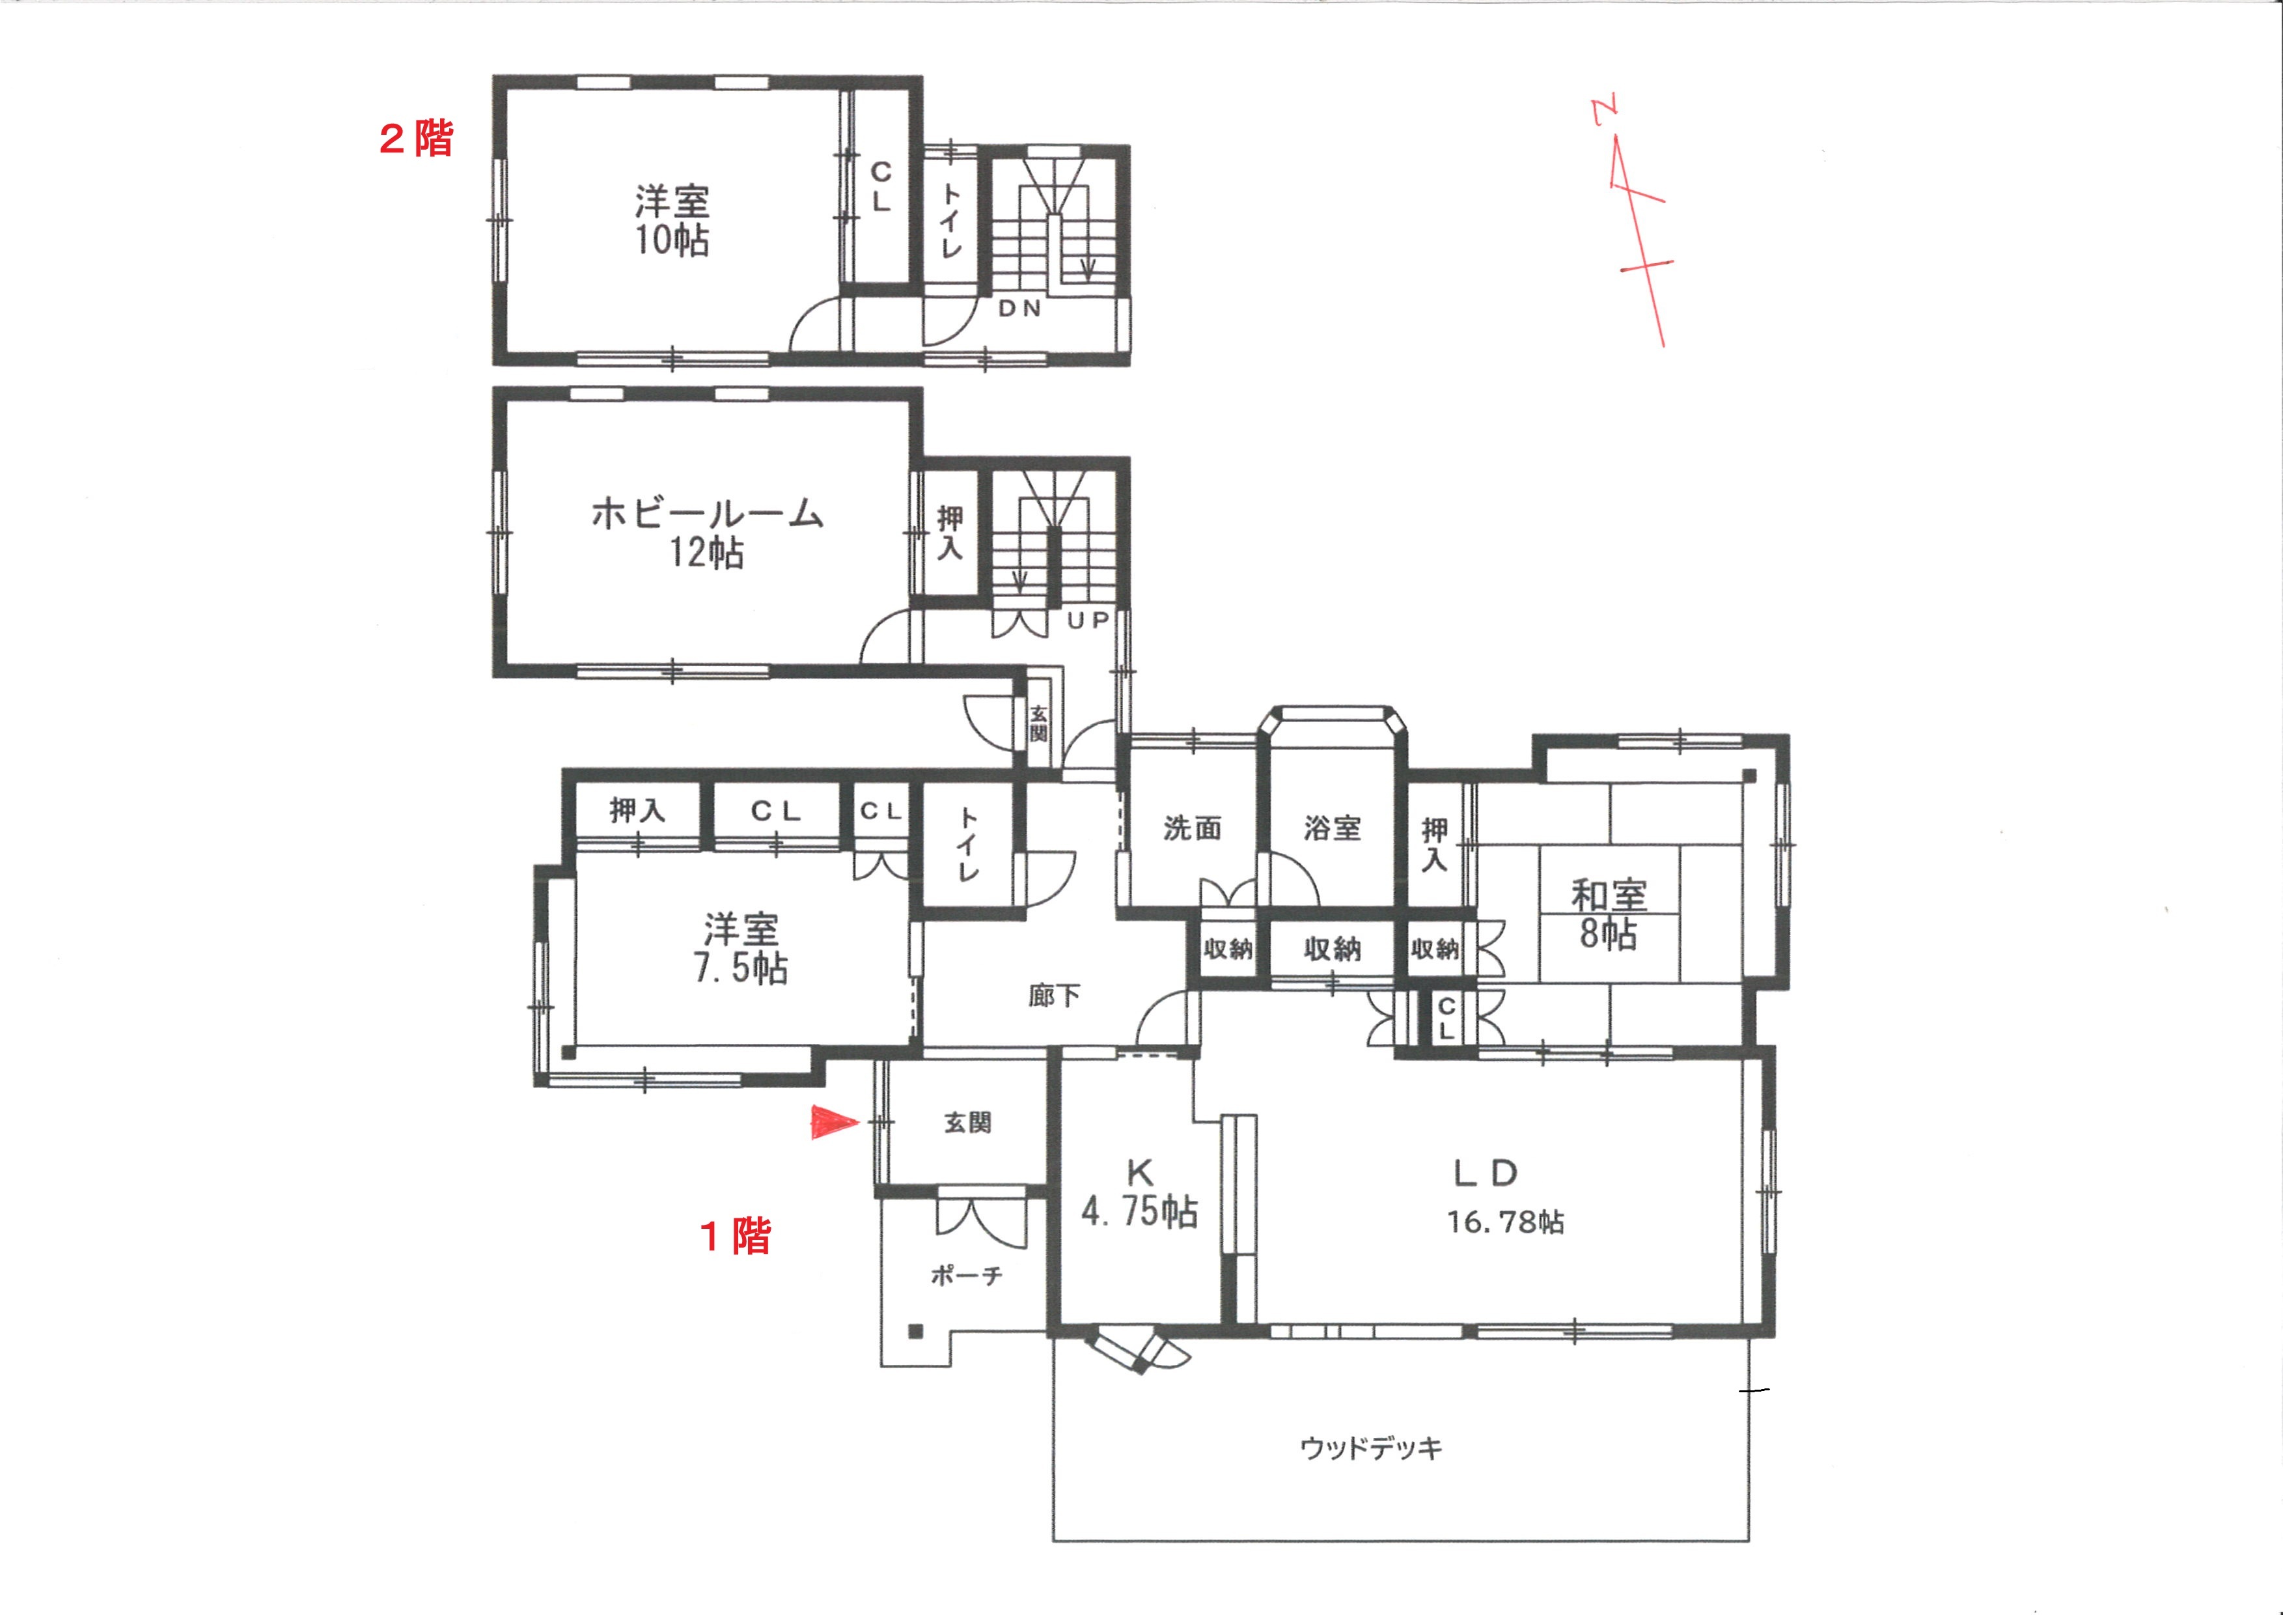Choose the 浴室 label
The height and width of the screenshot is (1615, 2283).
(1333, 828)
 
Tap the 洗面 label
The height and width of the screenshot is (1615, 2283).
(1192, 828)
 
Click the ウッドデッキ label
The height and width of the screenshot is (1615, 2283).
(1371, 1448)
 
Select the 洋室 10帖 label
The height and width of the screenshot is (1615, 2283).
(672, 221)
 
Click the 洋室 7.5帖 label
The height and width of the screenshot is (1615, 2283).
(741, 949)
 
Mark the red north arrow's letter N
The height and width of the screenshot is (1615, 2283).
(1604, 109)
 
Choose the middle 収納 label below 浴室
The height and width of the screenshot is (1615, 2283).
(1333, 949)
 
